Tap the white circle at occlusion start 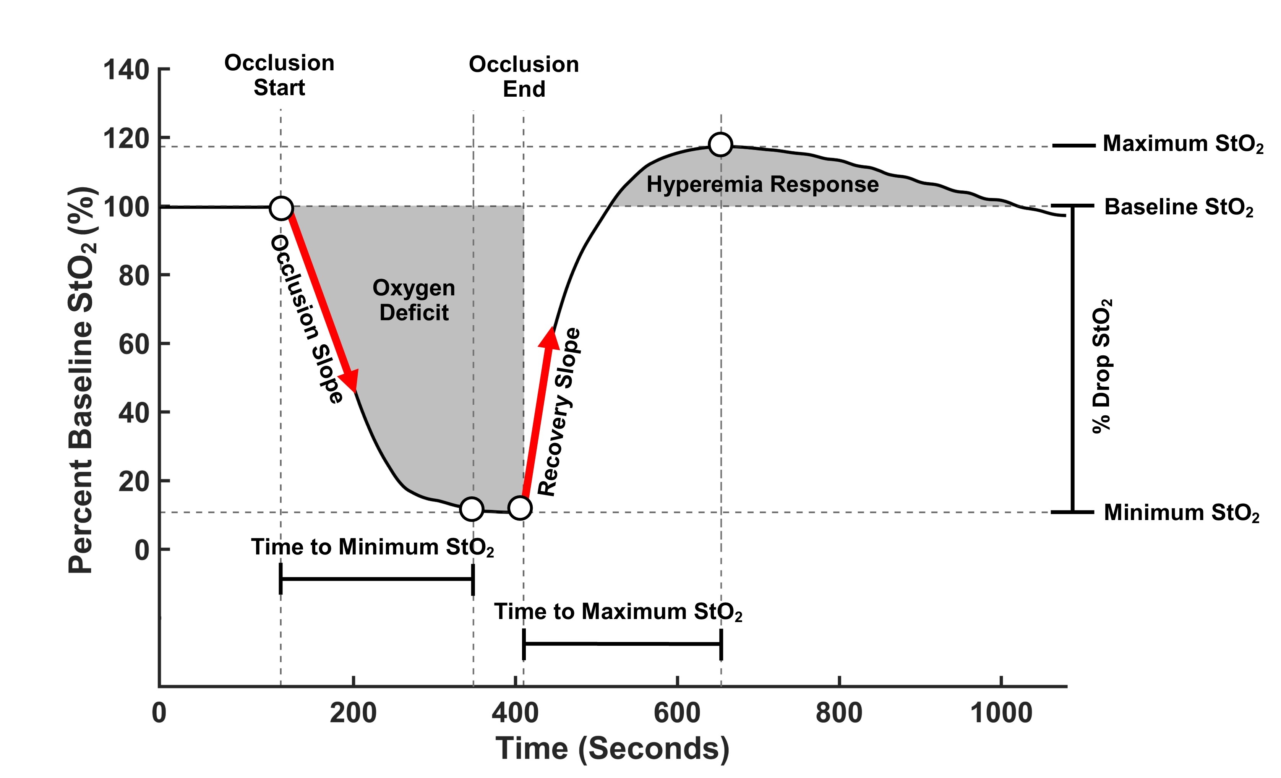[281, 208]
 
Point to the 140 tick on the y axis [126, 69]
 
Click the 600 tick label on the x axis [677, 713]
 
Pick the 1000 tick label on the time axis [1001, 713]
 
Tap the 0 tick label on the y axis [141, 550]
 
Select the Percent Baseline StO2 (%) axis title [82, 379]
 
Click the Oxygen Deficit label [414, 300]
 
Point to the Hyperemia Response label [762, 185]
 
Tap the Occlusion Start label [279, 75]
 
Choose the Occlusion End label [524, 76]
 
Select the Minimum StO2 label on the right [1181, 513]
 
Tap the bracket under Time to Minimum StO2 [376, 579]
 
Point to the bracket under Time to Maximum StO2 [622, 644]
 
